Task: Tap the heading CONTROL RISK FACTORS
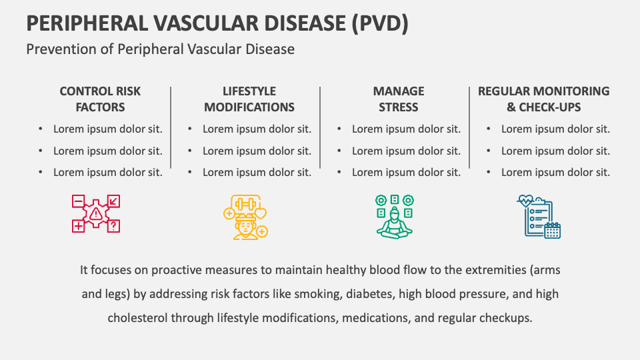point(100,99)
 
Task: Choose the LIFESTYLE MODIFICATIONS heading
point(249,99)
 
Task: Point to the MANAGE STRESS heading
point(399,99)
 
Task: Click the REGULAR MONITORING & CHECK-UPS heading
point(544,99)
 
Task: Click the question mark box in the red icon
point(114,227)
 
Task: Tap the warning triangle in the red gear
point(97,213)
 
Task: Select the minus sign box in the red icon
point(78,200)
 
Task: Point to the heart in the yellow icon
point(262,214)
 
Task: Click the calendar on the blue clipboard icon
point(552,230)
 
